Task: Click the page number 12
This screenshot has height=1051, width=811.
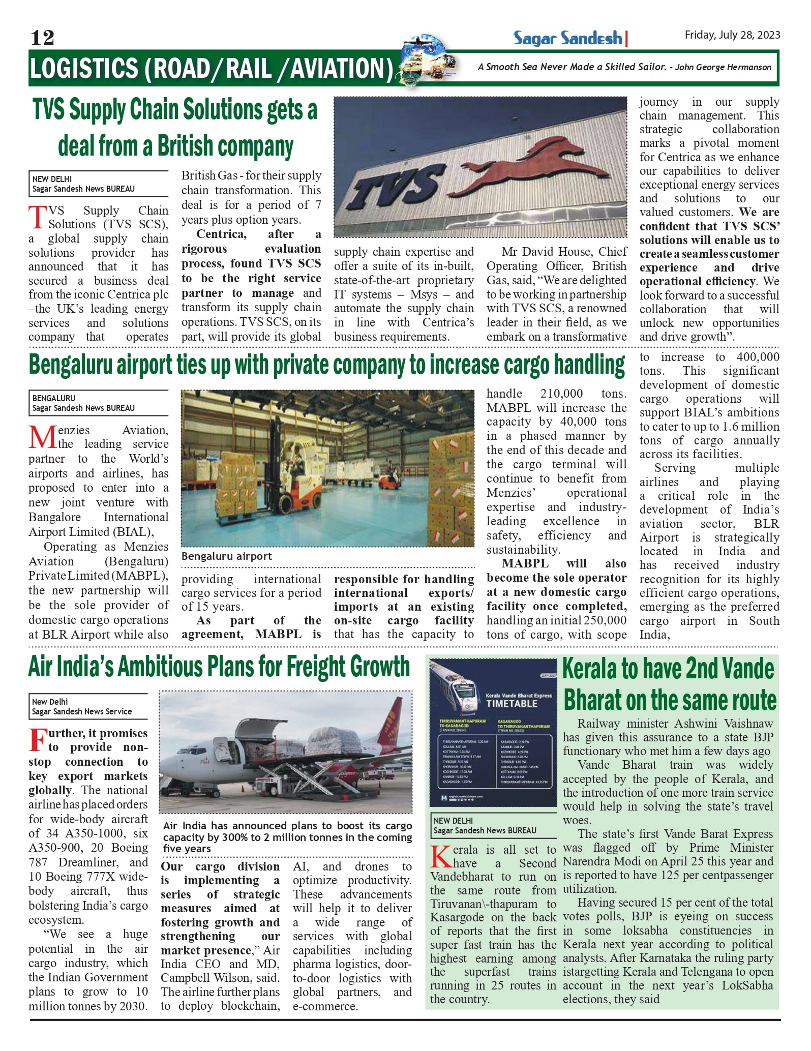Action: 42,38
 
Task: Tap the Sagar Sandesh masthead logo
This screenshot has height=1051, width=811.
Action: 567,38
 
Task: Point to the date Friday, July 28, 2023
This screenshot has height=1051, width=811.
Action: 732,35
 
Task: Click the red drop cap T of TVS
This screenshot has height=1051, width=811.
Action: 38,218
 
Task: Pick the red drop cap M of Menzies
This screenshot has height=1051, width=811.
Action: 42,437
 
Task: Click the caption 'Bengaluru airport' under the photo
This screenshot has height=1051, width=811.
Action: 227,556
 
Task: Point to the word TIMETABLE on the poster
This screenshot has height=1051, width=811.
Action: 512,704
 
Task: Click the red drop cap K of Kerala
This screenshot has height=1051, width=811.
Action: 440,856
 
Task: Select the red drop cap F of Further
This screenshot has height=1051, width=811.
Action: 38,740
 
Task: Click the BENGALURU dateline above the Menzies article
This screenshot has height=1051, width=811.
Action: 54,398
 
